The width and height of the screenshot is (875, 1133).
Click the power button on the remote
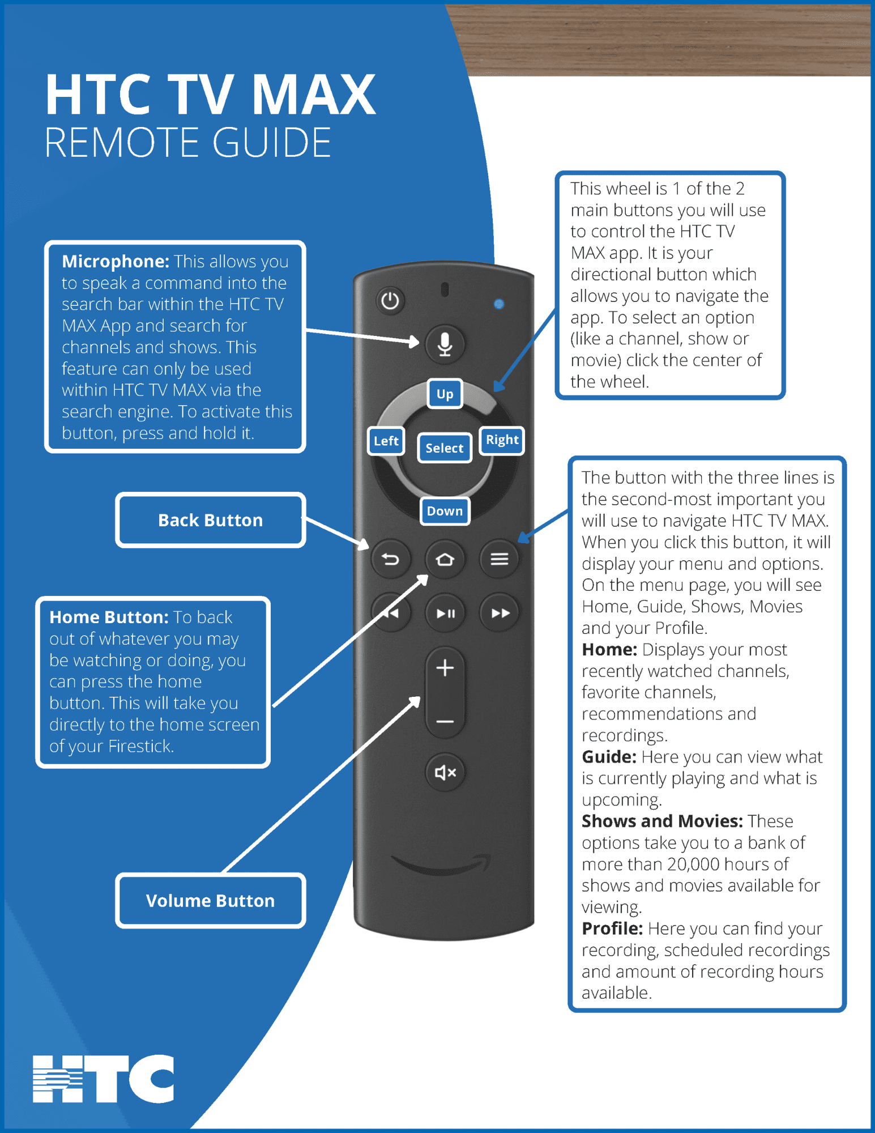click(x=390, y=300)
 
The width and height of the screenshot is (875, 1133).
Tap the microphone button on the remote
click(x=445, y=343)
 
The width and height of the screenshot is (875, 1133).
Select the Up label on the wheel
click(x=445, y=394)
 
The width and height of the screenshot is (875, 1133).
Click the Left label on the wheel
click(x=386, y=441)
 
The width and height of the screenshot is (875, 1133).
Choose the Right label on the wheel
click(x=502, y=440)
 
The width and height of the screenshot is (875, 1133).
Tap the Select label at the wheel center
click(x=445, y=448)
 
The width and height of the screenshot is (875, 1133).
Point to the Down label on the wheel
click(x=445, y=511)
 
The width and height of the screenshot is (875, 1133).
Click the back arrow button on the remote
click(x=390, y=560)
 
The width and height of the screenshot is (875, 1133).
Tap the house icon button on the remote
click(x=445, y=560)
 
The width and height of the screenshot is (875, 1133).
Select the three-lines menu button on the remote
click(x=499, y=560)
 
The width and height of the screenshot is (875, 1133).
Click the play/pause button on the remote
click(x=445, y=613)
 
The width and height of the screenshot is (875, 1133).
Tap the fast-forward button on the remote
click(x=500, y=613)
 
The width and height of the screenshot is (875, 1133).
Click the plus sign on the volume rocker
click(x=445, y=668)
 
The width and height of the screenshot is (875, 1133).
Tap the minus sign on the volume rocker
click(x=445, y=722)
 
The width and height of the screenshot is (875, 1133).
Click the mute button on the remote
click(x=445, y=772)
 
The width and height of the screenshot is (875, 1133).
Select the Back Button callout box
click(x=211, y=520)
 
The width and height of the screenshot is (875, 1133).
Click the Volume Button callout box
click(x=211, y=901)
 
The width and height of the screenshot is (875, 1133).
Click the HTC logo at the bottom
click(x=103, y=1079)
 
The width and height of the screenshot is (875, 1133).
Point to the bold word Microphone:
click(x=116, y=261)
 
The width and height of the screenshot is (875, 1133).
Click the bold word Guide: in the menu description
click(x=609, y=757)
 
